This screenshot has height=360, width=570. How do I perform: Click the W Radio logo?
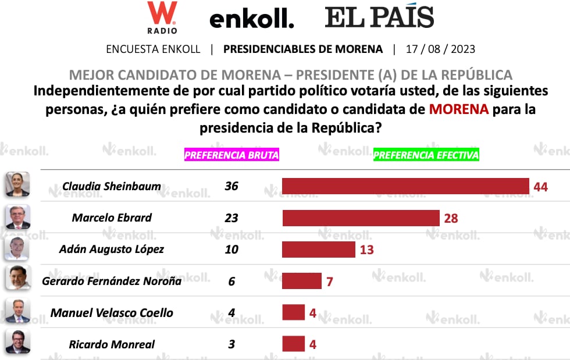162,17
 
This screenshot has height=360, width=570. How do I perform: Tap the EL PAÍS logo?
379,17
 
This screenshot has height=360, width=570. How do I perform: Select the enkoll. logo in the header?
251,19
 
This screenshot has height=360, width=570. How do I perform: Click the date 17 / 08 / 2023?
440,49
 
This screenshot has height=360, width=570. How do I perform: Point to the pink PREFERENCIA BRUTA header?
231,155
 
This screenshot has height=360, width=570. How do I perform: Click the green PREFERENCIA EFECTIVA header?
426,155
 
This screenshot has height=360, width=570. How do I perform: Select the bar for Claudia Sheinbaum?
405,186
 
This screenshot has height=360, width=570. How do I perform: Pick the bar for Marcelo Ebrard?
361,218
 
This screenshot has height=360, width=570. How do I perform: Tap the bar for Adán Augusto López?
319,249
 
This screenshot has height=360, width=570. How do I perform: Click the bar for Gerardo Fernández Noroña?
302,281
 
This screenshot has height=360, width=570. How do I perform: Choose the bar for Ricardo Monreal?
294,344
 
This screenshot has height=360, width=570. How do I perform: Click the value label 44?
541,187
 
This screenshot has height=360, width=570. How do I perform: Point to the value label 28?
451,219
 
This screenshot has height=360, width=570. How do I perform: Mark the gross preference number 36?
231,186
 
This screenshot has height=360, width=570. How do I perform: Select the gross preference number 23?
231,218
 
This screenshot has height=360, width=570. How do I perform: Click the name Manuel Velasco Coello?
112,313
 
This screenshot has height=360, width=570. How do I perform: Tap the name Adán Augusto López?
112,249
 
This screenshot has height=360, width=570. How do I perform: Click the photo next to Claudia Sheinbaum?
17,185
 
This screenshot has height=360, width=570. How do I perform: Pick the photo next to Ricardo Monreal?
17,342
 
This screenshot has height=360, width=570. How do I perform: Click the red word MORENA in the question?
458,109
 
